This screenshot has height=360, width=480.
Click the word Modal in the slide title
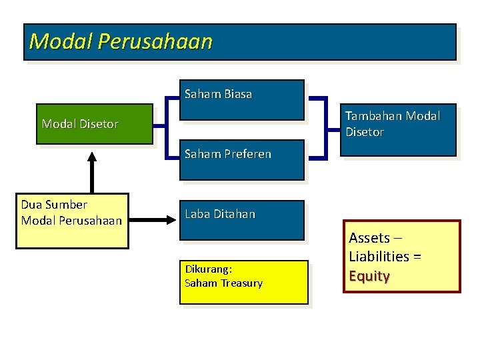(61, 42)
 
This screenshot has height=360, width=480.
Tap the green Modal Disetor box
(96, 124)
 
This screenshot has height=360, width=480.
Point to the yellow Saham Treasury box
(244, 281)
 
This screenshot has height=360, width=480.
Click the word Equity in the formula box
(369, 276)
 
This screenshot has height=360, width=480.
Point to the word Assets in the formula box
(369, 238)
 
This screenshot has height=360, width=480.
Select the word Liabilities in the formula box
(379, 257)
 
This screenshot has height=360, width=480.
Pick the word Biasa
(238, 95)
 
